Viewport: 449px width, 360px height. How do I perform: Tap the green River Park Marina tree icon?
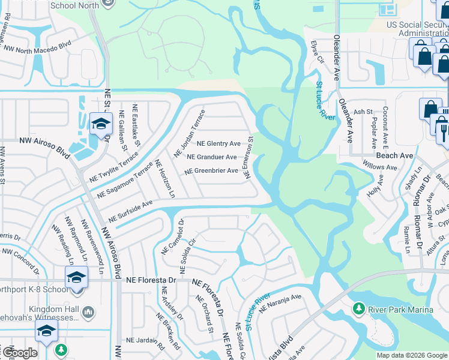pyautogui.click(x=359, y=308)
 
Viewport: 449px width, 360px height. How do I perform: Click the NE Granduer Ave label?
pyautogui.click(x=212, y=157)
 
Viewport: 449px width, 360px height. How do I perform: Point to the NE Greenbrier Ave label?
pyautogui.click(x=211, y=171)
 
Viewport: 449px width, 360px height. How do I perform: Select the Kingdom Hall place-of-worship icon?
pyautogui.click(x=88, y=311)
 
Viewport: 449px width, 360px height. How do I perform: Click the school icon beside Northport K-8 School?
pyautogui.click(x=77, y=278)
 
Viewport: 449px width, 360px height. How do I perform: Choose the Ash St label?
pyautogui.click(x=363, y=112)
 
